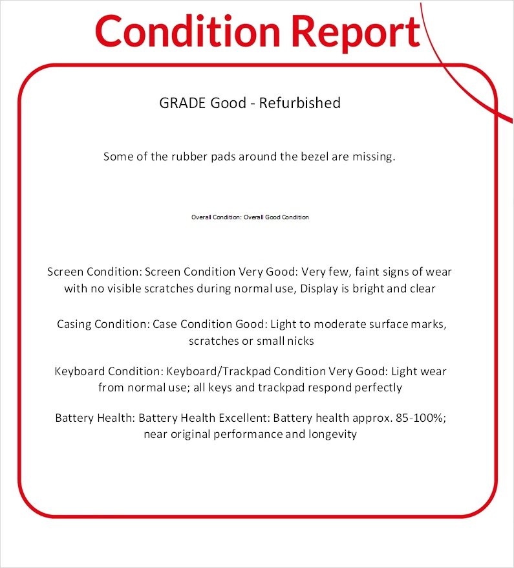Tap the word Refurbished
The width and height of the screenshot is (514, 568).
pyautogui.click(x=300, y=103)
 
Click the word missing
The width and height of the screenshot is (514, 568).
pyautogui.click(x=373, y=157)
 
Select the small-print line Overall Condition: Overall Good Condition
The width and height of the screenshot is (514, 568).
pyautogui.click(x=250, y=217)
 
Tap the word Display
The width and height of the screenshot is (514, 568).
pyautogui.click(x=321, y=289)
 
